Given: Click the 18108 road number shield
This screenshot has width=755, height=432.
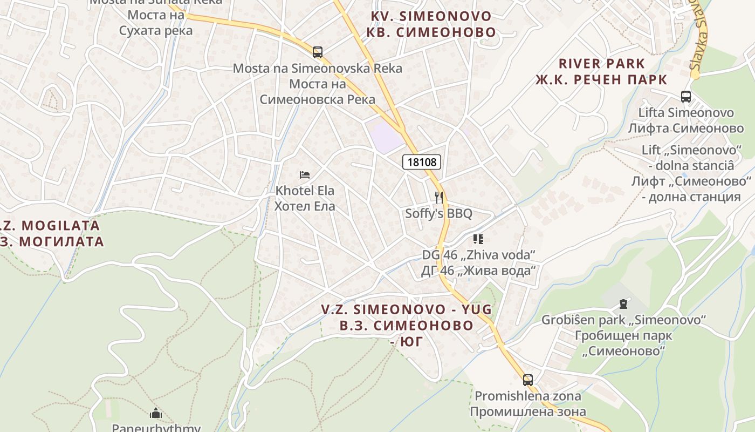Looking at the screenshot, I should click(422, 162).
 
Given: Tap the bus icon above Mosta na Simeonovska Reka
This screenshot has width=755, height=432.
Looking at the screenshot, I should click(318, 52).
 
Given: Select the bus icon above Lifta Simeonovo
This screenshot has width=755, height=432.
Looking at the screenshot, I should click(685, 97).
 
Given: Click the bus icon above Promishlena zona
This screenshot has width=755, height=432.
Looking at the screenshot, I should click(527, 380).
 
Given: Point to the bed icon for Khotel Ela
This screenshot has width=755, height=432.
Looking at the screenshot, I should click(305, 175).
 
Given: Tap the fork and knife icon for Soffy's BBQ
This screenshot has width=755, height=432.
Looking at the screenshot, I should click(439, 198).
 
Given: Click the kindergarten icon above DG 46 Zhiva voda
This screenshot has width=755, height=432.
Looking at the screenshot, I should click(478, 239).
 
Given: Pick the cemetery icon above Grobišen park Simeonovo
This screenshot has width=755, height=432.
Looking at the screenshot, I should click(624, 304).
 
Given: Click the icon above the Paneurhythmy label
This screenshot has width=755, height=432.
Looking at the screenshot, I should click(156, 414).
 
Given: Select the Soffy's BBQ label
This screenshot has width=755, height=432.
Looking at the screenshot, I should click(438, 214).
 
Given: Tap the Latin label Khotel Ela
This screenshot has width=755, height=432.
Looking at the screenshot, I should click(305, 191).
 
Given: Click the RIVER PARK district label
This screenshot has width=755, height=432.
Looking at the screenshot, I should click(601, 64).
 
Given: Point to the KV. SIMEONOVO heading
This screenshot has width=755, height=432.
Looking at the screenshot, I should click(431, 16).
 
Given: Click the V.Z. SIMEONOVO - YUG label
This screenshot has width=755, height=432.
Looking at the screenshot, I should click(406, 309).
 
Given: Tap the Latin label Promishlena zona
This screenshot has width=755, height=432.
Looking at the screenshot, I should click(527, 396).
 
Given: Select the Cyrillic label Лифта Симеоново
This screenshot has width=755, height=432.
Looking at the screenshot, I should click(685, 129).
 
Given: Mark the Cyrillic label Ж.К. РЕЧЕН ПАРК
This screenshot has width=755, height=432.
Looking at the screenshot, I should click(601, 80).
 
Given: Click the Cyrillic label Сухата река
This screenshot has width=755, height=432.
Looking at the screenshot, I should click(156, 30).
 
